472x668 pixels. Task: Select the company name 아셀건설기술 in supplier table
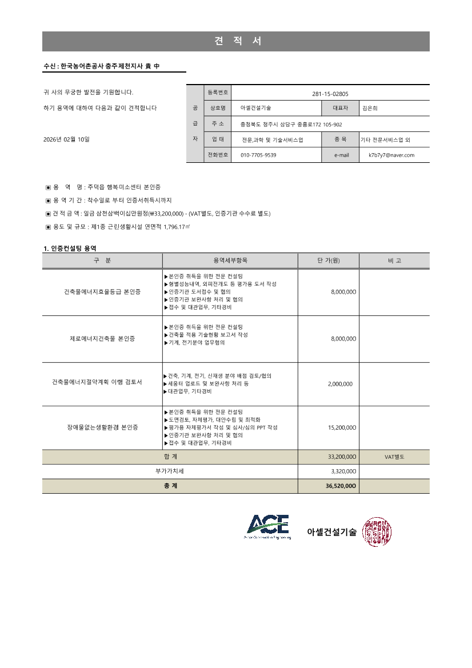(x=256, y=108)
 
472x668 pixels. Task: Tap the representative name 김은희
(x=370, y=108)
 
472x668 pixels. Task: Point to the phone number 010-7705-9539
(x=258, y=155)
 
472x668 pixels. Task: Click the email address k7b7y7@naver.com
(x=391, y=155)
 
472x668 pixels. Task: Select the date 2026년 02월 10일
(x=66, y=139)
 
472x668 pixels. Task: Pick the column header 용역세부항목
(x=230, y=261)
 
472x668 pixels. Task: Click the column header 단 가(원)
(x=329, y=261)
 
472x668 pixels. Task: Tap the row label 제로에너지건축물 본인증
(x=102, y=339)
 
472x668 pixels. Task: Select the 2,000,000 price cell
(x=341, y=384)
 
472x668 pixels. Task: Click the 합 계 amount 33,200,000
(x=342, y=457)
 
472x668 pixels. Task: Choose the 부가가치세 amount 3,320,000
(x=343, y=471)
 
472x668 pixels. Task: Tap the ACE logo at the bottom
(x=267, y=526)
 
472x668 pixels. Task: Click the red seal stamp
(x=377, y=531)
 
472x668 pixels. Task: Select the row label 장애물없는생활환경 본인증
(x=102, y=427)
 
